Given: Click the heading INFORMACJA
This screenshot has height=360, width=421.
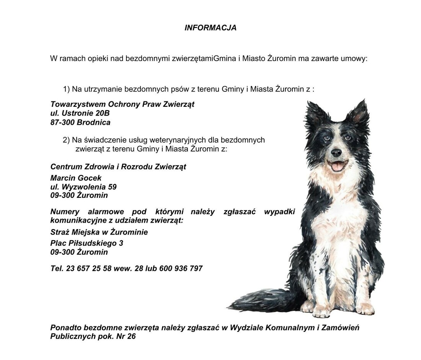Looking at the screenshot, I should click(x=210, y=28).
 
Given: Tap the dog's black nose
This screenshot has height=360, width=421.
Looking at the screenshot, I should click(x=336, y=153).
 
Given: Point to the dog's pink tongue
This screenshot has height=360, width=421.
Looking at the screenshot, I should click(x=337, y=166).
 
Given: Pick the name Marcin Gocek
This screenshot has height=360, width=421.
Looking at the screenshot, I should click(x=76, y=178).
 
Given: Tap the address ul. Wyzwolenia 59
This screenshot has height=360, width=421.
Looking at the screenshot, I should click(x=83, y=187).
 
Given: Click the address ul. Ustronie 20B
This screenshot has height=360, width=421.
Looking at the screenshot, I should click(x=80, y=113).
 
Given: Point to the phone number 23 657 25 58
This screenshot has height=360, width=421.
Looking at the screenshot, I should click(x=89, y=269).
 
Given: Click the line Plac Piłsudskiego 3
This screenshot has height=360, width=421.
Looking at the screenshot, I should click(x=86, y=243).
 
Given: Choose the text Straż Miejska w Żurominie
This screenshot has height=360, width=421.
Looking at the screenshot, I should click(x=99, y=232).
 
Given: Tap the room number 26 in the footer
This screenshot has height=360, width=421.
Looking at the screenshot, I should click(x=131, y=337).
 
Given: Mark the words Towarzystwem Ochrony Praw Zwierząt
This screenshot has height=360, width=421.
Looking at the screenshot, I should click(x=122, y=104).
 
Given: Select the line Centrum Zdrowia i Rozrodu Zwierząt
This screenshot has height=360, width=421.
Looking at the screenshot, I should click(x=118, y=167).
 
